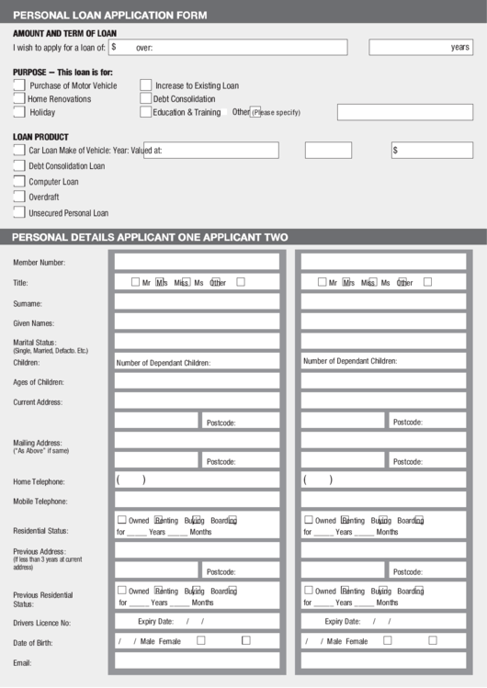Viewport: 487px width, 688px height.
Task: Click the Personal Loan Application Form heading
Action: coord(110,15)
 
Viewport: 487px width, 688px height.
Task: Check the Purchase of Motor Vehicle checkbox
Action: coord(19,85)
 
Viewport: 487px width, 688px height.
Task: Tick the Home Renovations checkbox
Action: coord(19,98)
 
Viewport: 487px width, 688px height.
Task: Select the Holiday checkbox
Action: coord(19,112)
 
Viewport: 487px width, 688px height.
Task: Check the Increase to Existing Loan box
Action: coord(145,85)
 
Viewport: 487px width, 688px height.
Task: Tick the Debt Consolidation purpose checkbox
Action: coord(145,98)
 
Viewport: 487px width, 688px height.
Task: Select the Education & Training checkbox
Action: coord(145,112)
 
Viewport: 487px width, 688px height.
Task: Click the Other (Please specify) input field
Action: coord(404,112)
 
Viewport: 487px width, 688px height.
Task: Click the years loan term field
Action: coord(421,47)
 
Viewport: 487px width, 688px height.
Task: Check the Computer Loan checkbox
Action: coord(19,181)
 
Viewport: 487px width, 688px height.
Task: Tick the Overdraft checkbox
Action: coord(19,197)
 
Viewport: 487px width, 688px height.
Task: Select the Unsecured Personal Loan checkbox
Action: coord(19,212)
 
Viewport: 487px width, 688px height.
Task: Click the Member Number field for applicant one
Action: coord(197,262)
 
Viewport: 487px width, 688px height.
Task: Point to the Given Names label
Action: coord(33,323)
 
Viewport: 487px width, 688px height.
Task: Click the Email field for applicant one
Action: coord(197,660)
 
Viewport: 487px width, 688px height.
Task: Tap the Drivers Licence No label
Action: coord(41,623)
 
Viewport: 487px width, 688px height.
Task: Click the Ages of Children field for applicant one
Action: coord(197,381)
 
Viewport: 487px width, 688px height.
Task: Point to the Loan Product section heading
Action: coord(40,137)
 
